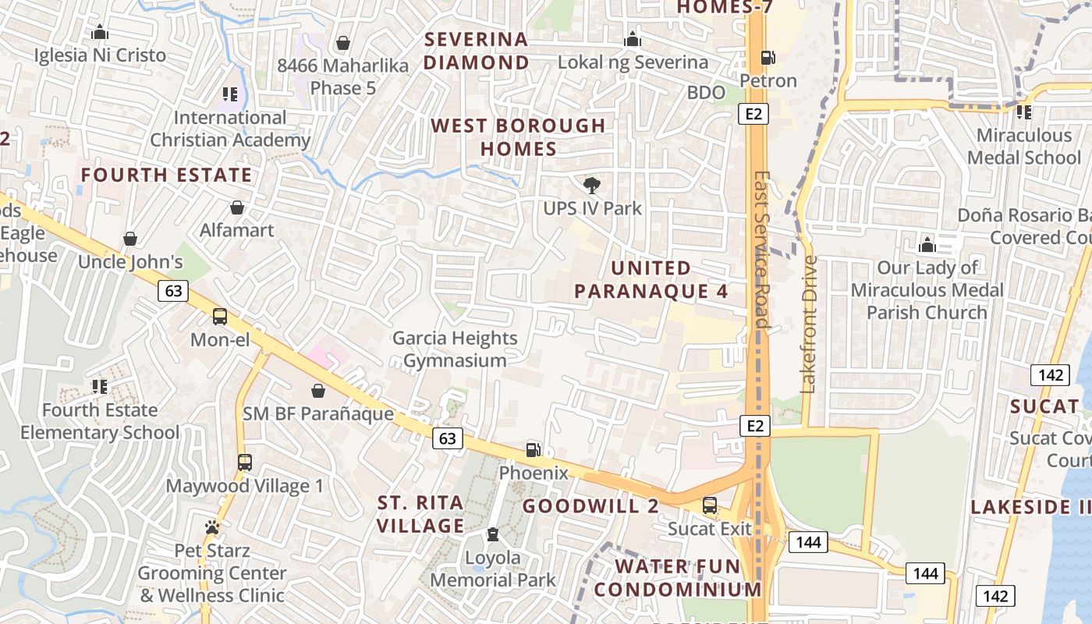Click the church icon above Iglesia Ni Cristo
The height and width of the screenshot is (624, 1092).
[100, 33]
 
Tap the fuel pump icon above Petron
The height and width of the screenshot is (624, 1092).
[768, 58]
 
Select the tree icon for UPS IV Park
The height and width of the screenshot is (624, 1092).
[592, 186]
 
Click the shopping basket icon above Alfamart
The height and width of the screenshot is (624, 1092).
[237, 207]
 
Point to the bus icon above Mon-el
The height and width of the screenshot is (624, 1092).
[220, 317]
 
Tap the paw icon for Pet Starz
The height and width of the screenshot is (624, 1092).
[212, 528]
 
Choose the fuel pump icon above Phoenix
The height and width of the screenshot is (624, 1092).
[534, 449]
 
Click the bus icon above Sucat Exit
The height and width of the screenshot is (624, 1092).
[710, 505]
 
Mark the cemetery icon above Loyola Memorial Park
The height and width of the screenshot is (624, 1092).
[492, 535]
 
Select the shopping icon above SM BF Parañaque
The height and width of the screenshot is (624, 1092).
[318, 391]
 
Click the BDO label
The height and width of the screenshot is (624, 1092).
[706, 92]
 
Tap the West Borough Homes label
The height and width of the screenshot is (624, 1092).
[518, 136]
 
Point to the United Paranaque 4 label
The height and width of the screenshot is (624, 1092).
[651, 279]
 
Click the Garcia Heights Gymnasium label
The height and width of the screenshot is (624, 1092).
[455, 349]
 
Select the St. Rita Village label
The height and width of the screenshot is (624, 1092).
[420, 513]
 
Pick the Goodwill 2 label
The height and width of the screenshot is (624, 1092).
[590, 505]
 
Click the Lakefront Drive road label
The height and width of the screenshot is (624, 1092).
[809, 324]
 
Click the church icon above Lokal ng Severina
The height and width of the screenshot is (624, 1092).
[632, 39]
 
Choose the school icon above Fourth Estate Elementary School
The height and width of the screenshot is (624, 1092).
[99, 387]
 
